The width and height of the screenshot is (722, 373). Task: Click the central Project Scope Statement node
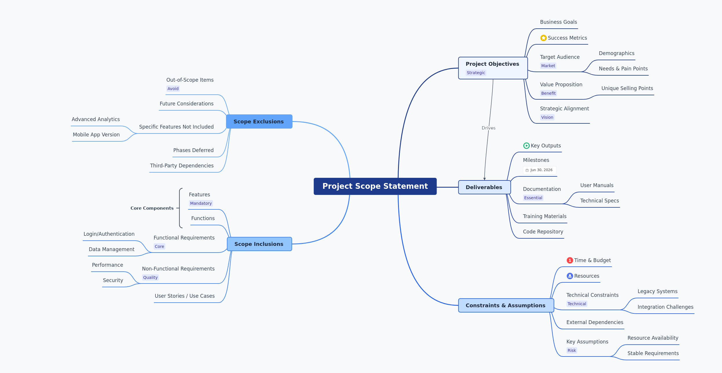click(x=375, y=186)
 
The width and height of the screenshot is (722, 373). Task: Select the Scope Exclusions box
click(x=259, y=122)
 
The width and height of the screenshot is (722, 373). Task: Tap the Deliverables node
click(x=484, y=187)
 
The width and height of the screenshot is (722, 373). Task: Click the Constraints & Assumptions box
click(x=505, y=306)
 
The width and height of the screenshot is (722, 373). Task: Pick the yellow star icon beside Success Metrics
click(x=543, y=38)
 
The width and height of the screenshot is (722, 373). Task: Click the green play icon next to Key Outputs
click(x=526, y=146)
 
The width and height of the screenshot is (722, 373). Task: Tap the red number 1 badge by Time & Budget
click(x=570, y=260)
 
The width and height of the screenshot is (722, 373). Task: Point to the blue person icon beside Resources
click(x=570, y=276)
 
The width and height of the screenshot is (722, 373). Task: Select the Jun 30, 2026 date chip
click(x=539, y=170)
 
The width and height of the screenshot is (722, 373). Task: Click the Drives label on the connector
click(x=488, y=128)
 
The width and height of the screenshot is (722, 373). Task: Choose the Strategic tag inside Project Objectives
click(x=476, y=73)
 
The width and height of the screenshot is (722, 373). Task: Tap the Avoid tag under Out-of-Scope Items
click(x=173, y=89)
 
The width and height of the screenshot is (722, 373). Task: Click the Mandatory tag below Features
click(x=201, y=203)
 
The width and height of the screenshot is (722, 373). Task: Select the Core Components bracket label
click(x=152, y=208)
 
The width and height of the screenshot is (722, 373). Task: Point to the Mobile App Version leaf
click(x=96, y=135)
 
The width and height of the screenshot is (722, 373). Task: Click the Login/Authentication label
click(x=109, y=234)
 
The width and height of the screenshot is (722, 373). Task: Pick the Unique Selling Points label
click(x=627, y=88)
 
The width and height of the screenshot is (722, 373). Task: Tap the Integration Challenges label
click(x=665, y=307)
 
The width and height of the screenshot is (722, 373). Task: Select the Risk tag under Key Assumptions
click(x=571, y=350)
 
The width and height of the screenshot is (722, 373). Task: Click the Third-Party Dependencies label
click(x=182, y=166)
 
